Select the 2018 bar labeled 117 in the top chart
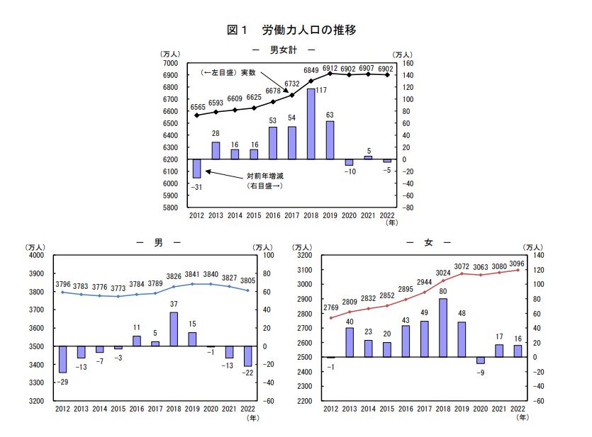point(311,124)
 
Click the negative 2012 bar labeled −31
point(196,168)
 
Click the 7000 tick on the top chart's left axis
point(170,63)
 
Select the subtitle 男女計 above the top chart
point(283,50)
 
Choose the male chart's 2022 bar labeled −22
point(247,356)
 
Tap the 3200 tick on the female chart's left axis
point(304,255)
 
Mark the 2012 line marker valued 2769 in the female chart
point(330,317)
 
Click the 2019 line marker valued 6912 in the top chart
point(330,73)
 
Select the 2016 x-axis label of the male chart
point(136,409)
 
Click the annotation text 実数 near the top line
point(247,72)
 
